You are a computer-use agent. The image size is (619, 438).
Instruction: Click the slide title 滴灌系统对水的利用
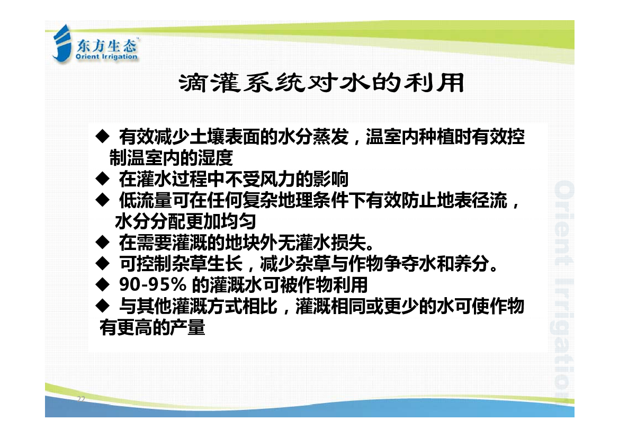point(322,83)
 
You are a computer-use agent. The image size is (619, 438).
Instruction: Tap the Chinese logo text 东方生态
point(106,46)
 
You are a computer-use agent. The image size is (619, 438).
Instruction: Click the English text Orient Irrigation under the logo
point(106,57)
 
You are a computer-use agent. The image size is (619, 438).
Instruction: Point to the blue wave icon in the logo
point(62,43)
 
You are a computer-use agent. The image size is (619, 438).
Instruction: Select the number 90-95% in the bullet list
point(153,284)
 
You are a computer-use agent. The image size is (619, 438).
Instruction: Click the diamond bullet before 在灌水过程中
point(102,178)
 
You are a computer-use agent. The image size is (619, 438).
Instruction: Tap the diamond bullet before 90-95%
point(102,284)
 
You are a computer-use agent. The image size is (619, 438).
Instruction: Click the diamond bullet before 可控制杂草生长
point(102,263)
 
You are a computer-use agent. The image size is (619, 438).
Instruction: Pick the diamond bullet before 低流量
point(102,200)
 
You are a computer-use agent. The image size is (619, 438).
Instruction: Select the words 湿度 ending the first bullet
point(216,158)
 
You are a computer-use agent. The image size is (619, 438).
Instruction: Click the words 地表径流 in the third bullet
point(472,200)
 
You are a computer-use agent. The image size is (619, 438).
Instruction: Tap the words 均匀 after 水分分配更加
point(238,221)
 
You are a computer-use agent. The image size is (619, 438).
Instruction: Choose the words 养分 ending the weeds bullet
point(472,263)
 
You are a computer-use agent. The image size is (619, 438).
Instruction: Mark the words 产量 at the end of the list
point(187,327)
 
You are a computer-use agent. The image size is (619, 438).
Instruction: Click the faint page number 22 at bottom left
point(81,399)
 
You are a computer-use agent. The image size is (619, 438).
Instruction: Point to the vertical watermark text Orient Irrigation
point(564,290)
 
